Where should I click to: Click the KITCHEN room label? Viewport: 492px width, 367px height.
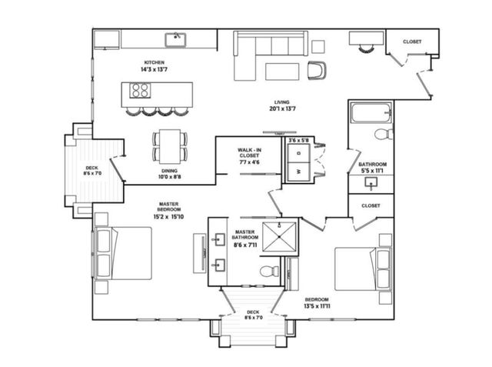pyautogui.click(x=155, y=62)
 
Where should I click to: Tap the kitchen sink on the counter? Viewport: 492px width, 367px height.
pyautogui.click(x=178, y=37)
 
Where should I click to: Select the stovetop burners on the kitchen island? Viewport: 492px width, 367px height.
pyautogui.click(x=141, y=92)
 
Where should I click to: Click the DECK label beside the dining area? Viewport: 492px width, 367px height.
pyautogui.click(x=91, y=171)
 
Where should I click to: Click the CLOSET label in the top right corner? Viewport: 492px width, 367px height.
pyautogui.click(x=412, y=42)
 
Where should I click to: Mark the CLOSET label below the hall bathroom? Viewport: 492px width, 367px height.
pyautogui.click(x=371, y=205)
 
